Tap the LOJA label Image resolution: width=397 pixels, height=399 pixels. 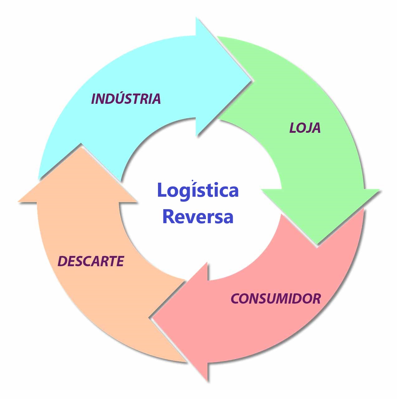click(x=305, y=128)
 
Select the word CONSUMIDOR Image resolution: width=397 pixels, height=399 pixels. click(x=276, y=299)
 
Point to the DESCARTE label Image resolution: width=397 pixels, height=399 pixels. click(x=91, y=261)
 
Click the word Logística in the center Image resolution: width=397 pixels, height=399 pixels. click(x=198, y=190)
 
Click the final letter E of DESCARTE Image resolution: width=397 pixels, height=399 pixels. click(x=120, y=261)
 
